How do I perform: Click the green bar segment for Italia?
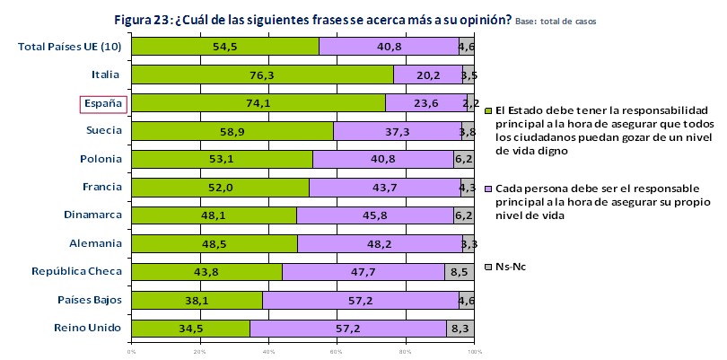262,75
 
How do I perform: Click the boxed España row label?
103,104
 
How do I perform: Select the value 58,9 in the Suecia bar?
232,132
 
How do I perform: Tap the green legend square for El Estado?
488,110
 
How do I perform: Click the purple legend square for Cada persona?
488,190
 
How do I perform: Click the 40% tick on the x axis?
268,351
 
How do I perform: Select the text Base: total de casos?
556,20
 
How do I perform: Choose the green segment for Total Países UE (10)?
225,47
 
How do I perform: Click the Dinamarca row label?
93,215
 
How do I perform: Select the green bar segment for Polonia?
222,160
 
